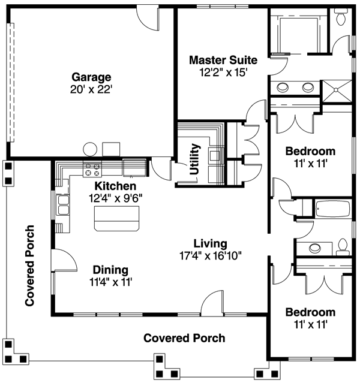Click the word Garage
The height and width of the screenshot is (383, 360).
[x=92, y=77]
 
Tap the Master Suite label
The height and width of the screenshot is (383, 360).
[x=223, y=60]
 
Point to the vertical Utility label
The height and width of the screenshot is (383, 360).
[x=194, y=158]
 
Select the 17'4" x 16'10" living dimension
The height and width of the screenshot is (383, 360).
[x=209, y=255]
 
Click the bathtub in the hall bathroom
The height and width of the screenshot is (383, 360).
[x=332, y=209]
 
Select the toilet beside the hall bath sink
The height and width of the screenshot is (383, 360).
[x=343, y=246]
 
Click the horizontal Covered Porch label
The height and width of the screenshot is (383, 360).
[x=184, y=338]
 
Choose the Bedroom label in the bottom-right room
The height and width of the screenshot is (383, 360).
[x=310, y=312]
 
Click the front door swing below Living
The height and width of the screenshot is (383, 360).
[x=212, y=303]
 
